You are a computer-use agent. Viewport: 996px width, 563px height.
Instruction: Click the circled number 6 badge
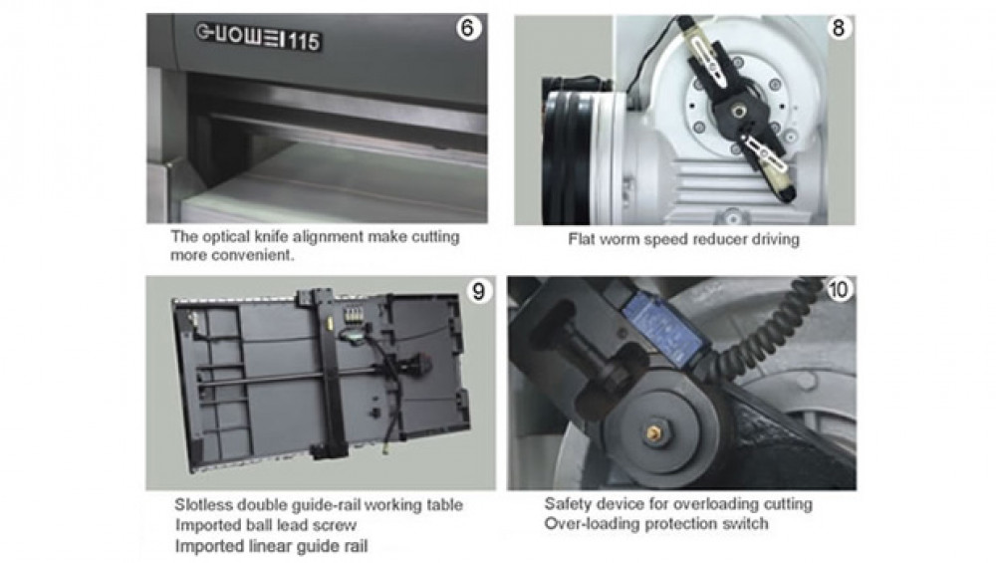point(468,28)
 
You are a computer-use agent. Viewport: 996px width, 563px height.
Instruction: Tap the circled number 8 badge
point(838,28)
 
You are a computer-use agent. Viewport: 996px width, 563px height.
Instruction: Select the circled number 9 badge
point(478,292)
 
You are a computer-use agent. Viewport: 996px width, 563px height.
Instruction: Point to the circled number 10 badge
point(838,290)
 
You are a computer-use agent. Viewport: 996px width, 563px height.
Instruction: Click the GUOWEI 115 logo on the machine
point(258,37)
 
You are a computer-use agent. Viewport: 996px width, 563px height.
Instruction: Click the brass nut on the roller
point(653,433)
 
